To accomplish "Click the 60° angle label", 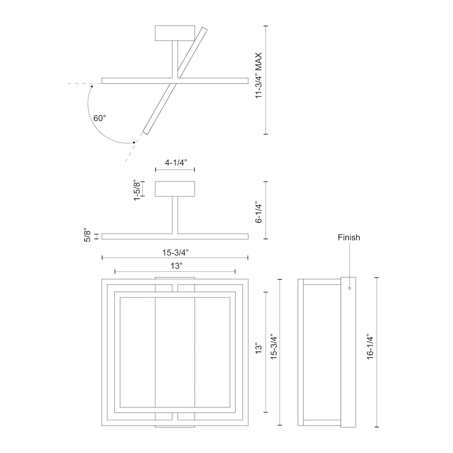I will tap(100, 119).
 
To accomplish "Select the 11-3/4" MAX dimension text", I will tap(259, 76).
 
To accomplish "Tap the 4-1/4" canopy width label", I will tap(175, 163).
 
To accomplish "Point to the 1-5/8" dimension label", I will tap(136, 190).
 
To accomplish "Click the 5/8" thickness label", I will tap(88, 236).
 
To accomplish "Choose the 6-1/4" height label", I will tap(259, 212).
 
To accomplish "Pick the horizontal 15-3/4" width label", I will tap(176, 252).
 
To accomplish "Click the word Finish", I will tap(349, 238).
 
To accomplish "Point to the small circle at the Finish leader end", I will tap(350, 288).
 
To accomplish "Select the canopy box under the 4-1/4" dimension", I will tap(175, 189).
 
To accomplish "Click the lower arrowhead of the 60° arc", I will tap(134, 142).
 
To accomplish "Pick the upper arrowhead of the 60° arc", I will tap(92, 85).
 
